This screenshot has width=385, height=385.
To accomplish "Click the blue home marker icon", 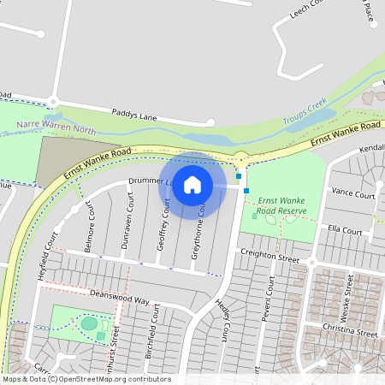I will coord(192,184).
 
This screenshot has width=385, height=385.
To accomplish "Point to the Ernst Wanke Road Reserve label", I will coord(282,203).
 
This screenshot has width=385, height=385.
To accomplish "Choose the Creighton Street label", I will coord(269,255).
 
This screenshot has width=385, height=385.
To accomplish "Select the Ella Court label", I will coord(346,231).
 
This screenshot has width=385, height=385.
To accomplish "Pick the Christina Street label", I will coord(352,332).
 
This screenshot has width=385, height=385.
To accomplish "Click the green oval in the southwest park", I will coord(89,323).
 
